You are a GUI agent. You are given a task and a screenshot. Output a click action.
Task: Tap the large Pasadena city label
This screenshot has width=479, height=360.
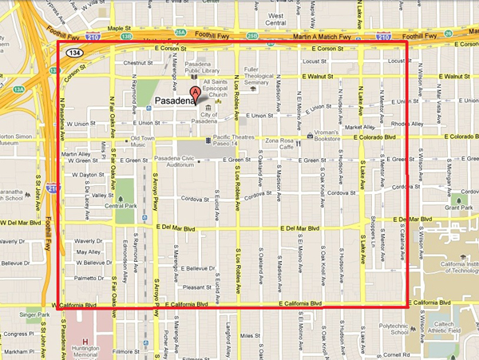coord(172,101)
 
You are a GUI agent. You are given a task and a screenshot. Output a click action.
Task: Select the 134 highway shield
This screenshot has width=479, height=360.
coord(74,53)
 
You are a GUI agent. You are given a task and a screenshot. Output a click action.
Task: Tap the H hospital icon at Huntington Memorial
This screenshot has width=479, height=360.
coord(85,329)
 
